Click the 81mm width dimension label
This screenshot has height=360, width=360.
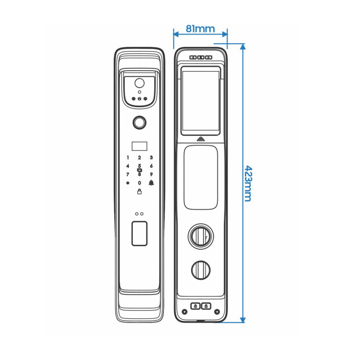click(x=200, y=29)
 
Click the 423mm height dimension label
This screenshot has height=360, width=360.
click(x=248, y=182)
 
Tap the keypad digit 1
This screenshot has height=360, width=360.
click(x=127, y=158)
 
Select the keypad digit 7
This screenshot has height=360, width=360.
click(x=127, y=175)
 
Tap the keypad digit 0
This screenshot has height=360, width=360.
click(x=139, y=183)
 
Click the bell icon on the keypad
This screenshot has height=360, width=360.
click(x=152, y=183)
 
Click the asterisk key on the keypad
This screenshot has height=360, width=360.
click(x=127, y=183)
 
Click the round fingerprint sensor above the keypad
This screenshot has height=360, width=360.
click(x=139, y=122)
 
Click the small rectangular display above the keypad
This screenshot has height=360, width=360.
click(x=139, y=146)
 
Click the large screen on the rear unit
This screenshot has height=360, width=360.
click(x=200, y=101)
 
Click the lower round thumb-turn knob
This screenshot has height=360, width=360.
click(x=201, y=270)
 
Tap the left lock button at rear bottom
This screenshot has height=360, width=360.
click(x=195, y=306)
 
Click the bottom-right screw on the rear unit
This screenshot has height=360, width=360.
click(x=217, y=311)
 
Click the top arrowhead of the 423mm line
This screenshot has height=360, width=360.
click(x=243, y=46)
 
